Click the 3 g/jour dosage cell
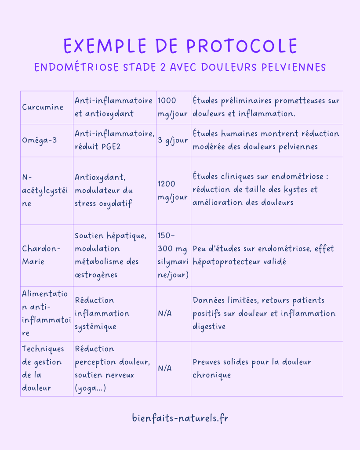tap(173, 140)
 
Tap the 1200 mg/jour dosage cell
tap(173, 190)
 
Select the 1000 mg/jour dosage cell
tap(173, 107)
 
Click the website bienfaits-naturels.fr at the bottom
tap(180, 418)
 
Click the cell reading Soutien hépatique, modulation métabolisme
tap(114, 255)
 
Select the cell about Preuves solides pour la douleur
tap(252, 368)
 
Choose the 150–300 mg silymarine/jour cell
tap(173, 255)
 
